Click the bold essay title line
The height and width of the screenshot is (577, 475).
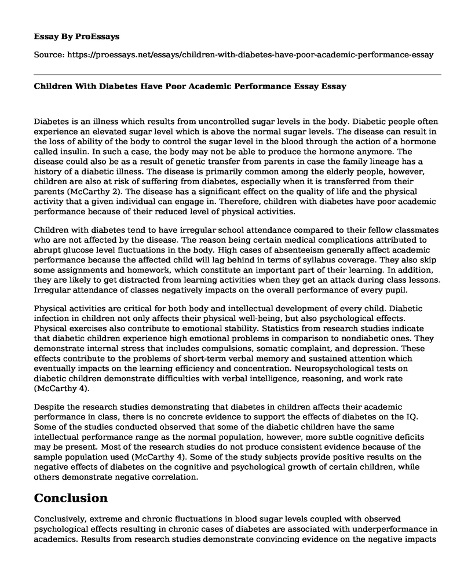[191, 86]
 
